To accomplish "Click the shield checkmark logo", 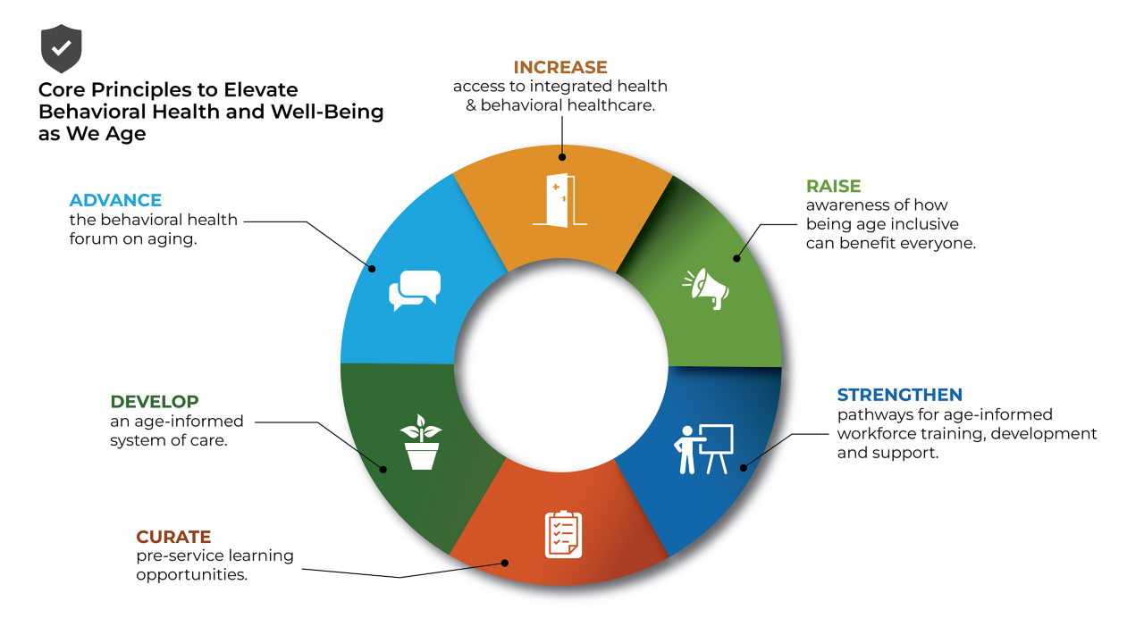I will coord(61,48).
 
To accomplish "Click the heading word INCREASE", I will coord(560,67).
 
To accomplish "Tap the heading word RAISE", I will coord(833,186).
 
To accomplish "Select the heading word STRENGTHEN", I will coord(899,395).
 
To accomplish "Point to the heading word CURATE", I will coord(173,537).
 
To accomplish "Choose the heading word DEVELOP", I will coord(155,402).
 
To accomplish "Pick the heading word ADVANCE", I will coord(115,200).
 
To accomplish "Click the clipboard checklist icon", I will coord(563,534).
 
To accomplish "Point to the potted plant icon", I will coord(421,442).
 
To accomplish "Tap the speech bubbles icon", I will coord(416,290).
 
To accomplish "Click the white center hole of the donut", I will coord(561,366).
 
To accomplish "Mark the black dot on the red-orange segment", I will coord(505,563).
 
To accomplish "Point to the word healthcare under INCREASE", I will coord(614,104).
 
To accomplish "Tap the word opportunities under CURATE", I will coord(191,574).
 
